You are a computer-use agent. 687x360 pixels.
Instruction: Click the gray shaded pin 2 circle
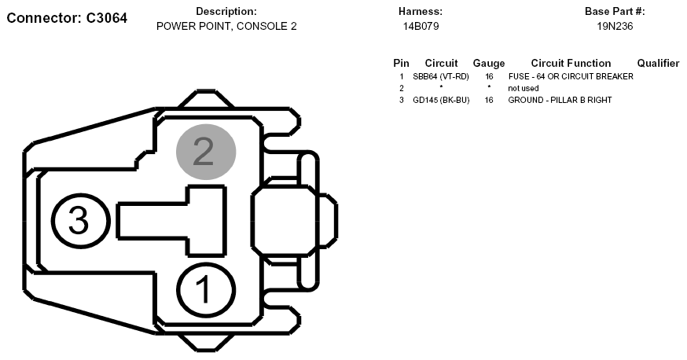pyautogui.click(x=206, y=152)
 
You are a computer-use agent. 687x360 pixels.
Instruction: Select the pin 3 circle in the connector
pyautogui.click(x=81, y=221)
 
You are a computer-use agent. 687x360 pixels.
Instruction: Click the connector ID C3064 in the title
pyautogui.click(x=106, y=18)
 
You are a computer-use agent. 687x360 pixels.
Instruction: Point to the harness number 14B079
pyautogui.click(x=421, y=26)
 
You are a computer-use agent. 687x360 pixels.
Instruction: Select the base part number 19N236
pyautogui.click(x=615, y=26)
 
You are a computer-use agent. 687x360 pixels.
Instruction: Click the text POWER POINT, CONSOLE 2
pyautogui.click(x=226, y=26)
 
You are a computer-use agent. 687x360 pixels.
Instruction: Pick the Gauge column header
pyautogui.click(x=488, y=64)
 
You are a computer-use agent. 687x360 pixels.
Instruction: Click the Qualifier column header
pyautogui.click(x=658, y=64)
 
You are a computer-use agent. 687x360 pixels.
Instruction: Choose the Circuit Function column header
pyautogui.click(x=571, y=64)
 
